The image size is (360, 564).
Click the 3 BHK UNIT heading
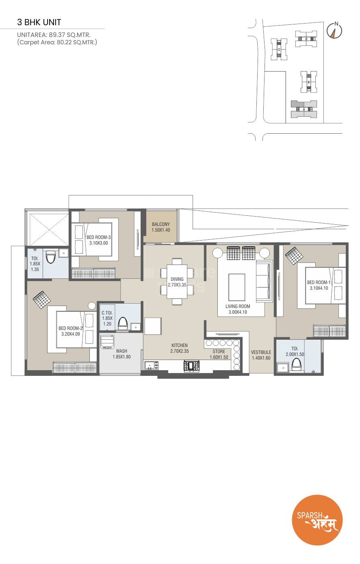(x=39, y=22)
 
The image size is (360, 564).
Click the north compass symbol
(x=334, y=30)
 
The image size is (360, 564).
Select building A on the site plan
(x=304, y=109)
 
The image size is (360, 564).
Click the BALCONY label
(x=161, y=227)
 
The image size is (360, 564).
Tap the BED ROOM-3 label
(x=98, y=240)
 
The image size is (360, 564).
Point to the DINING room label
(x=177, y=282)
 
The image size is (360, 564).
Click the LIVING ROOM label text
(x=238, y=309)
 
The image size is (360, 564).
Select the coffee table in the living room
(x=236, y=287)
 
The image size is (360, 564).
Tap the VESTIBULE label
(x=260, y=355)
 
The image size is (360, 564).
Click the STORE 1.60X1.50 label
(x=219, y=354)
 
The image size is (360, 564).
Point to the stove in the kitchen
(x=191, y=366)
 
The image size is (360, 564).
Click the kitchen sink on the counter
(x=151, y=366)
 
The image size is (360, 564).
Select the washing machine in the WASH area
(x=107, y=342)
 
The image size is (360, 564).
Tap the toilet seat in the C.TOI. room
(x=122, y=324)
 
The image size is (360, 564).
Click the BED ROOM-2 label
(x=70, y=331)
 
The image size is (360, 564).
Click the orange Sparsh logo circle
(x=317, y=520)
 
